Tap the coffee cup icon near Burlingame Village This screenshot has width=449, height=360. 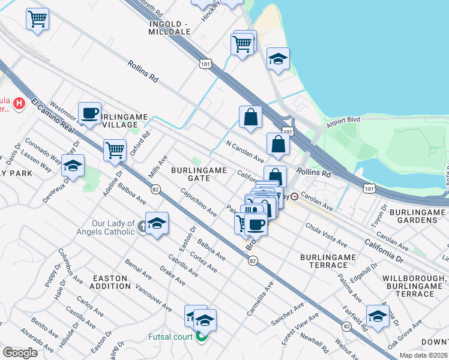point(90,112)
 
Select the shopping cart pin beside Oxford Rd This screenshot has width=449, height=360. point(114,150)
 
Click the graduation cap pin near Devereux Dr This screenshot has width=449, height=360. point(73,166)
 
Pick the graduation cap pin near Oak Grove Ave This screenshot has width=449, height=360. point(378,316)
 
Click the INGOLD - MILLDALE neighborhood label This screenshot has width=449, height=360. point(169,28)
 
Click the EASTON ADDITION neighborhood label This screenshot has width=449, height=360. point(110,283)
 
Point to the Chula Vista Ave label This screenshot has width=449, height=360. point(326,235)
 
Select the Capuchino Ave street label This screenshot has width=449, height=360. point(198,203)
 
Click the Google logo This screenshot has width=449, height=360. point(20,352)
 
